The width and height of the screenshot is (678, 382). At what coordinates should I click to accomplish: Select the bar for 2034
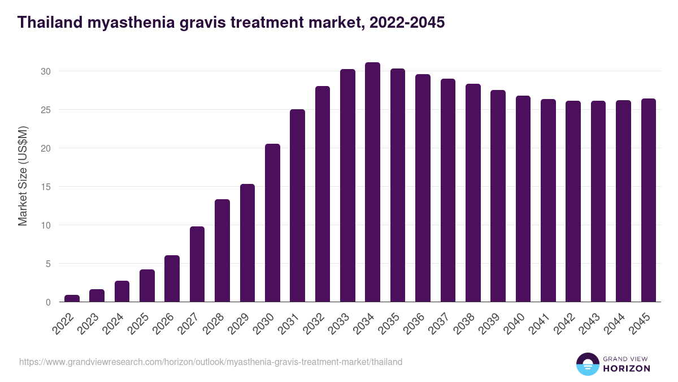coord(372,182)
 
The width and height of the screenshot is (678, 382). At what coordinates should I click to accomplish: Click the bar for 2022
coord(72,298)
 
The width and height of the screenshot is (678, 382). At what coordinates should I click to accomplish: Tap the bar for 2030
coord(272,223)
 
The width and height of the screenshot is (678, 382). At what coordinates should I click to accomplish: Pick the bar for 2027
coord(197,264)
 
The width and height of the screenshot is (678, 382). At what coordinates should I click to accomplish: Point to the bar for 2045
coord(648,200)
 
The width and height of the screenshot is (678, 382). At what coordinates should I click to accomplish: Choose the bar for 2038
coord(473,193)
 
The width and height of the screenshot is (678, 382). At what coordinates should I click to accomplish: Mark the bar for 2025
coord(147,286)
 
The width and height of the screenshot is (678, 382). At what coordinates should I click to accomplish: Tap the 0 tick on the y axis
coord(48,302)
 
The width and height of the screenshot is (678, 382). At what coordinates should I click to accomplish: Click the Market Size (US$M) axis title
coord(23,175)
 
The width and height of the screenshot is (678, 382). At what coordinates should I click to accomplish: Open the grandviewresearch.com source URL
coord(211,362)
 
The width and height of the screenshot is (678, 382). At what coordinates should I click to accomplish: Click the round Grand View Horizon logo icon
coord(587,364)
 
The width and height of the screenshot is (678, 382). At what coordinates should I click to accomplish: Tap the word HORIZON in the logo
coord(627,368)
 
